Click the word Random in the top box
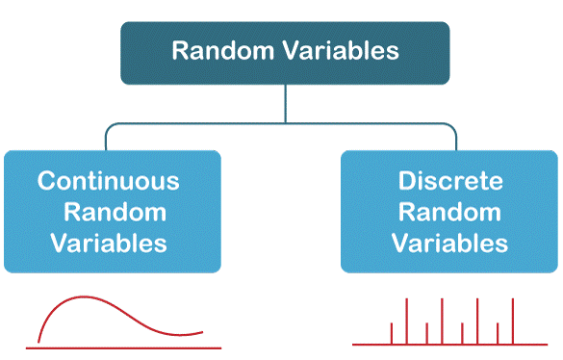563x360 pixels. tap(222, 50)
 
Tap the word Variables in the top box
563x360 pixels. tap(342, 50)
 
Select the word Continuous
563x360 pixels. tap(108, 180)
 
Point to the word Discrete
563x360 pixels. tap(450, 180)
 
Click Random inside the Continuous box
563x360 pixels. tap(115, 212)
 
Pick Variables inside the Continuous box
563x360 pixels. tap(109, 244)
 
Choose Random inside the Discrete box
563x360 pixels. tap(449, 212)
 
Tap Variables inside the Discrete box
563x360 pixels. tap(449, 244)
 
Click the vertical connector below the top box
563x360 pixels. tap(286, 103)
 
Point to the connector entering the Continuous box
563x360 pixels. tap(106, 139)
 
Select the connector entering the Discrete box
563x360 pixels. tap(456, 139)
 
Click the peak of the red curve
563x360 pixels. tap(84, 296)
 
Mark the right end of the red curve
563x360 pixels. tap(203, 332)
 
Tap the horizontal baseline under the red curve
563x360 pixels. tap(123, 347)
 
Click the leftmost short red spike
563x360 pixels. tap(392, 333)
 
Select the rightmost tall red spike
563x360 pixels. tap(513, 321)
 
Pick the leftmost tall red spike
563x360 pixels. tap(406, 321)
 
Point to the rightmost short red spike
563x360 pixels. tap(498, 333)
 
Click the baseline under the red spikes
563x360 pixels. tap(449, 345)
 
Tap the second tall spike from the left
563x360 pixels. tap(442, 321)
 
